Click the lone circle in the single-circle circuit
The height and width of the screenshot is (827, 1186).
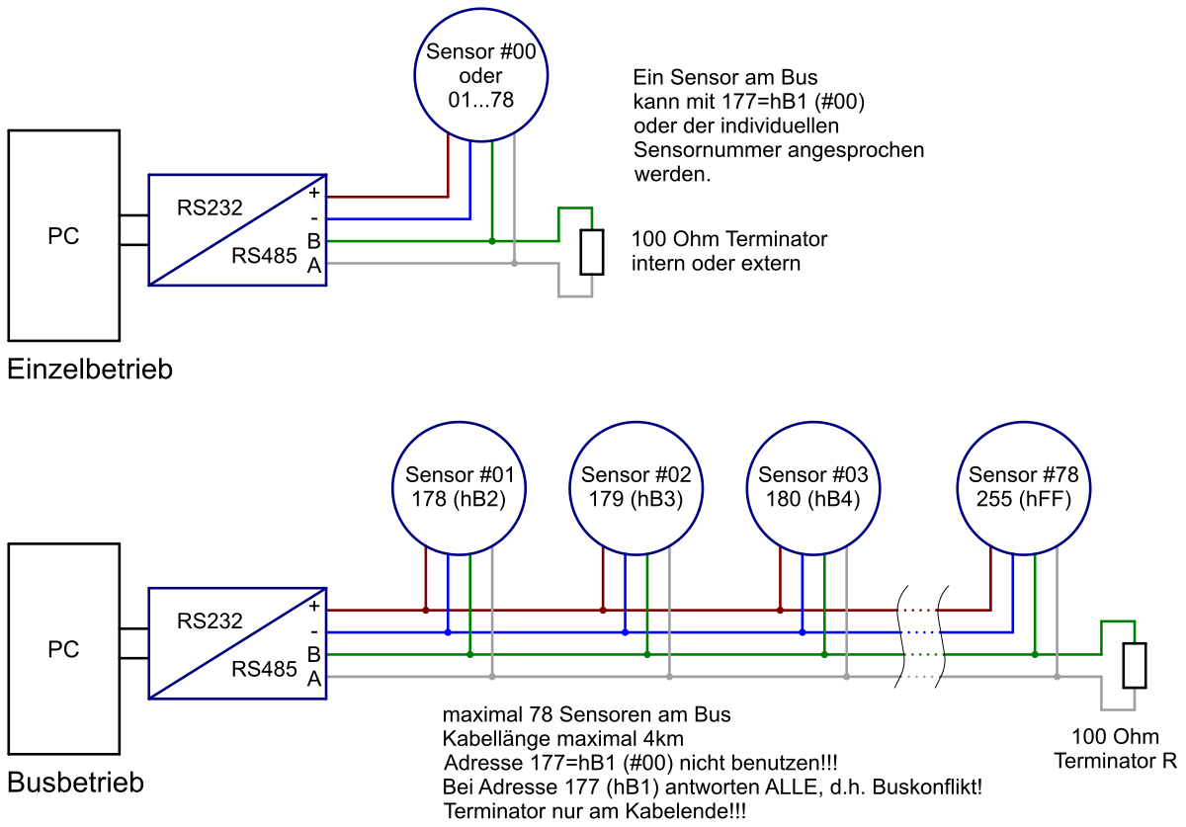tap(481, 75)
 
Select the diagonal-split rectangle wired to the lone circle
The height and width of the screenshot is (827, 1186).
tap(237, 230)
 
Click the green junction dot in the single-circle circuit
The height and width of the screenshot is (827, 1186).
tap(491, 241)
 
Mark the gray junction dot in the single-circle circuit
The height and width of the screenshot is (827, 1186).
tap(514, 263)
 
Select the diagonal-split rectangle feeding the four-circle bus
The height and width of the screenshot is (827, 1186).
tap(237, 643)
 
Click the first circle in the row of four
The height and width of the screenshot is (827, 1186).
tap(459, 488)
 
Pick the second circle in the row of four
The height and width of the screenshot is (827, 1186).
tap(635, 488)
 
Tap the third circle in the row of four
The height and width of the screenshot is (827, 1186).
tap(812, 488)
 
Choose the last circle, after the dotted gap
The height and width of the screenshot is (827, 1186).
tap(1023, 488)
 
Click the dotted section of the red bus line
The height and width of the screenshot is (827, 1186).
tap(917, 610)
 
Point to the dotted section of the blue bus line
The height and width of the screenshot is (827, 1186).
tap(919, 631)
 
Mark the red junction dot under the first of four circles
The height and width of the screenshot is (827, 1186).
tap(426, 610)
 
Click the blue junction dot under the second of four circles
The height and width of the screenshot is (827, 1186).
tap(625, 631)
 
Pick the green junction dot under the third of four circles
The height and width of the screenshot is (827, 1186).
tap(824, 654)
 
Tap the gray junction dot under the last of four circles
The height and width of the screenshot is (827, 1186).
tap(1057, 677)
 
